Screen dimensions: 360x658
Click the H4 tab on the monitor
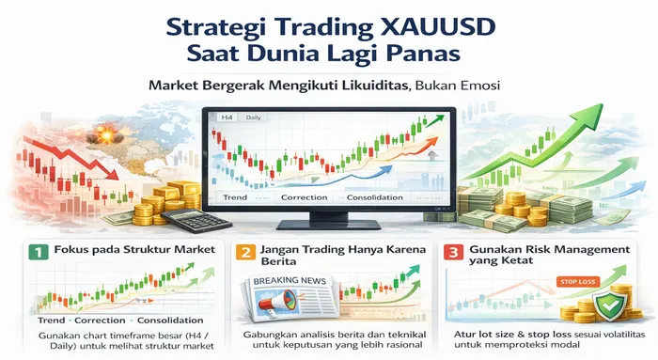225,117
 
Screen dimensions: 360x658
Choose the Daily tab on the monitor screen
251,117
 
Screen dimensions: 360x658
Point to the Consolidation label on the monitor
375,198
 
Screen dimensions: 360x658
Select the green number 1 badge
36,253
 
